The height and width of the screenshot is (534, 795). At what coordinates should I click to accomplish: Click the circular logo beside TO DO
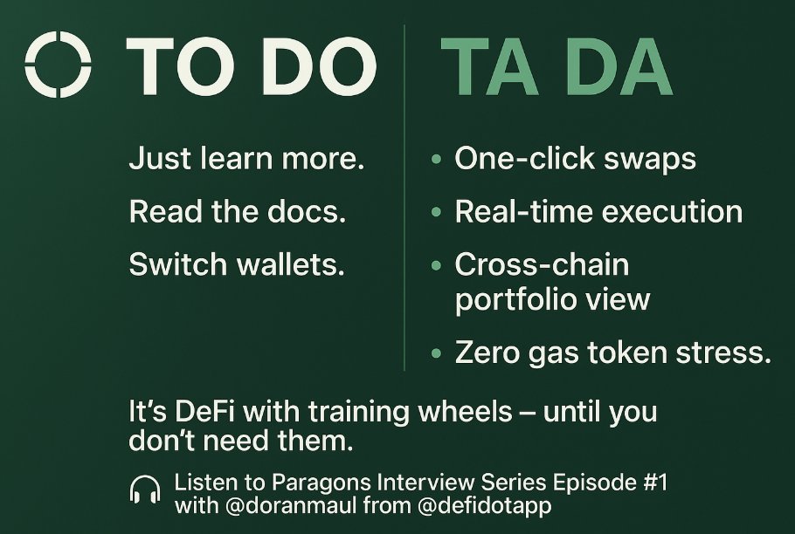click(58, 65)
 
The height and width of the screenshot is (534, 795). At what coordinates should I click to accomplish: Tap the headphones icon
click(145, 491)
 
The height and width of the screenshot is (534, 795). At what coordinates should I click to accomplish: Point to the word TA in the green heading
click(486, 67)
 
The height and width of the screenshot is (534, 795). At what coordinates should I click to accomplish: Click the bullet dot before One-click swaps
click(436, 161)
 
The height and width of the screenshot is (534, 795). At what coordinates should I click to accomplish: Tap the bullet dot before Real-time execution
click(436, 213)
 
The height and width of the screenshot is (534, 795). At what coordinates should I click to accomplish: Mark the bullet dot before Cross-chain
click(436, 265)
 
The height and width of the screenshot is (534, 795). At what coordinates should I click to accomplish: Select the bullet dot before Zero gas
click(436, 354)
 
